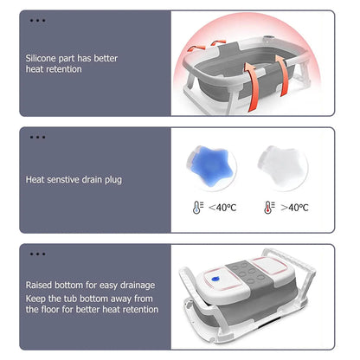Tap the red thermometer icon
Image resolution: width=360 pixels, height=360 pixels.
(x=269, y=208)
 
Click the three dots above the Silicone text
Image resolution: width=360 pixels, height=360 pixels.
(x=36, y=19)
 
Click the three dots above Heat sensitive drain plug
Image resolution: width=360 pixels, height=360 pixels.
(x=36, y=136)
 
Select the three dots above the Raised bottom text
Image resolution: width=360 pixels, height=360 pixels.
(x=36, y=254)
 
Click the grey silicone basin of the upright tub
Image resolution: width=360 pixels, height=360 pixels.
(x=225, y=78)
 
